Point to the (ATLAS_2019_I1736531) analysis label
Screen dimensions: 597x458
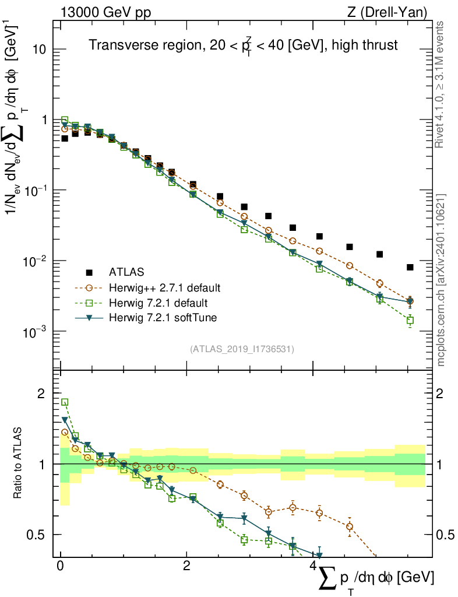(242, 349)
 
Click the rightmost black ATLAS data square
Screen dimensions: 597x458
(410, 267)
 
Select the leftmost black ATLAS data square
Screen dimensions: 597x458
(65, 138)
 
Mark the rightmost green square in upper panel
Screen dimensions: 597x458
(410, 320)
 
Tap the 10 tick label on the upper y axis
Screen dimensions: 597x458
(38, 50)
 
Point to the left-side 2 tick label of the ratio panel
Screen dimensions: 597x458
(41, 394)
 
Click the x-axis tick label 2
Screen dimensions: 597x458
(186, 566)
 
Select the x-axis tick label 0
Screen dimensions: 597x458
(61, 566)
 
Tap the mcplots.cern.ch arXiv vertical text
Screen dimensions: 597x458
(441, 280)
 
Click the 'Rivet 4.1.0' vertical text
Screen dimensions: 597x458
(441, 85)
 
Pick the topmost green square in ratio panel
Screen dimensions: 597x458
(65, 402)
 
